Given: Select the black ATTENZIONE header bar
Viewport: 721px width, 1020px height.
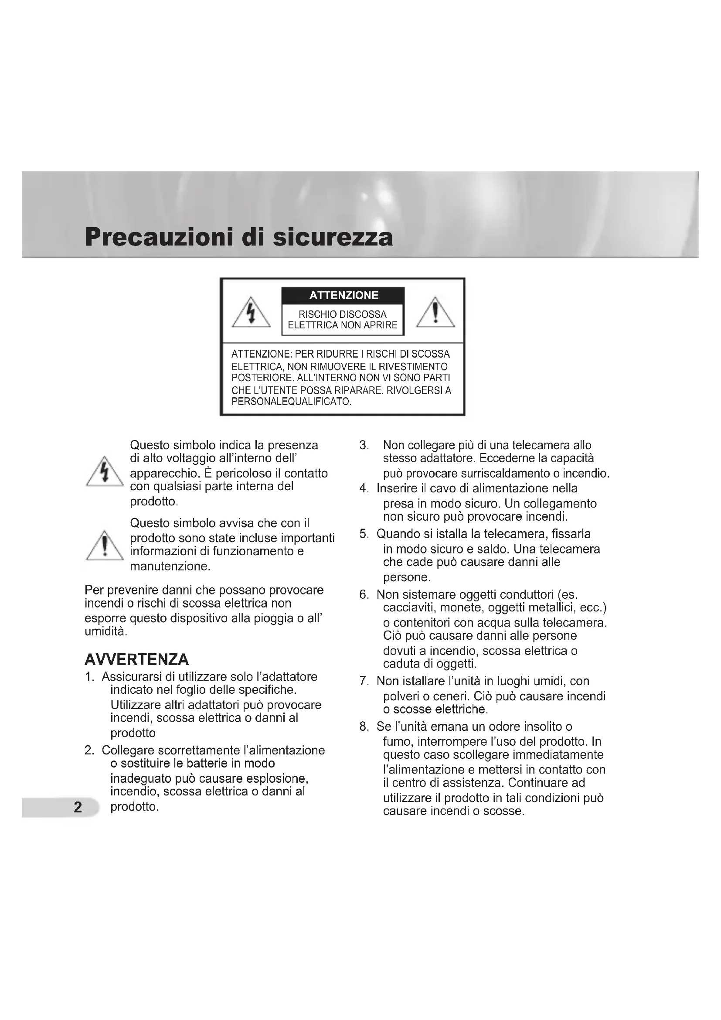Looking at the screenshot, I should [343, 295].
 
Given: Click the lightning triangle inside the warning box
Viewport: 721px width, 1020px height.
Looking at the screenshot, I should [251, 313].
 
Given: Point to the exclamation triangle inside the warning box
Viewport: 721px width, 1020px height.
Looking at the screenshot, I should [435, 313].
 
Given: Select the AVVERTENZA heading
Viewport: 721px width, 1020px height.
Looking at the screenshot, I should [137, 659].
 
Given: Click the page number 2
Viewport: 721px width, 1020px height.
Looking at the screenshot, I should [78, 807].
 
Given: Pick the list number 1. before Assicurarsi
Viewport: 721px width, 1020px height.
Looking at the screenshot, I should [90, 677].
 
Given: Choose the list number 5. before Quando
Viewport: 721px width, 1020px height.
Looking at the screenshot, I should [364, 534].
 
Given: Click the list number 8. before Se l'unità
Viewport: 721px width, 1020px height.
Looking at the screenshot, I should [364, 727].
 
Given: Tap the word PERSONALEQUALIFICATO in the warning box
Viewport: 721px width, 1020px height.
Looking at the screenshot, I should [291, 402].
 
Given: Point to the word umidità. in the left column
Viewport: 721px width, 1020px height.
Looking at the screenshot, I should [105, 631].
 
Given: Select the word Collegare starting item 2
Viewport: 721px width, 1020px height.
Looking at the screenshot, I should [128, 751].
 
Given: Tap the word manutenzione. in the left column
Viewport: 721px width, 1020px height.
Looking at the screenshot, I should [170, 566].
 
